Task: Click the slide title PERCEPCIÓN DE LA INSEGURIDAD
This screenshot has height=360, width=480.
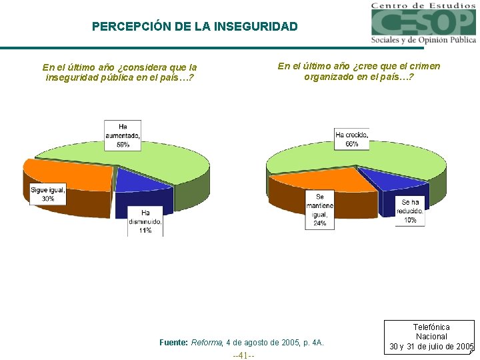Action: point(195,27)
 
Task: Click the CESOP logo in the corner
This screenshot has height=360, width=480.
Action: point(423,23)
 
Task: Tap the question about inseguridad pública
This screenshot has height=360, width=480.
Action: point(119,72)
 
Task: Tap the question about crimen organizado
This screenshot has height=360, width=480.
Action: point(359,71)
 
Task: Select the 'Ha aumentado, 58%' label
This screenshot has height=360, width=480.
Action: point(122,135)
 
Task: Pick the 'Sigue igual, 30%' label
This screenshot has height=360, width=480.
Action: point(48,194)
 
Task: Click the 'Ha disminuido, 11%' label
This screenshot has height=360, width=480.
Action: point(145,221)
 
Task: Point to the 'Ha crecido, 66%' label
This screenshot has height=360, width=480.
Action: point(351,139)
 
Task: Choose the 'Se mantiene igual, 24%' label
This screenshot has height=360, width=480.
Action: point(320,210)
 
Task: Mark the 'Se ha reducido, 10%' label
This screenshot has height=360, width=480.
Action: point(410,211)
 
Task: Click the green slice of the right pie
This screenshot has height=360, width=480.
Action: point(400,160)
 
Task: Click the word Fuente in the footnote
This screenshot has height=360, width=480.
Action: point(174,343)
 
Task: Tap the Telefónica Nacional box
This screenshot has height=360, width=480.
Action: point(431,337)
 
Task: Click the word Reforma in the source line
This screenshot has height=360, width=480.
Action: point(207,343)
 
